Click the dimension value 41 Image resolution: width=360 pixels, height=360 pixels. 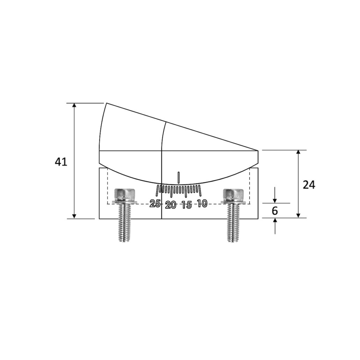(61, 162)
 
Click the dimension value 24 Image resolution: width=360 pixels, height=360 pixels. (309, 185)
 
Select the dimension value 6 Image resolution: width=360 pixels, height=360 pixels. (275, 211)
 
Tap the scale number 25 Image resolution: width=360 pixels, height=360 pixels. (155, 203)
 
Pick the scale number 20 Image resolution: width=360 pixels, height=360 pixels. (171, 205)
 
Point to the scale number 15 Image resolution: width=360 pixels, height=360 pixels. (187, 205)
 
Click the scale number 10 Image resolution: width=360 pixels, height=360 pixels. (202, 203)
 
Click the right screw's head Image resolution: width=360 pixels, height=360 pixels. (233, 194)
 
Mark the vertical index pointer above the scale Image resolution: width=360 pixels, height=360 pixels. (179, 178)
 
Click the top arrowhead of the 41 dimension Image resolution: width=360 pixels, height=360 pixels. (74, 106)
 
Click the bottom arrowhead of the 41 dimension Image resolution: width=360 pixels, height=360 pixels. (74, 216)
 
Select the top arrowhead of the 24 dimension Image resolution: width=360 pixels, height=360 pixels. (298, 153)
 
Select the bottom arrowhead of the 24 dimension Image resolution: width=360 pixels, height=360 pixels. (298, 215)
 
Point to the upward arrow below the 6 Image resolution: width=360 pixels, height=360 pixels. (275, 221)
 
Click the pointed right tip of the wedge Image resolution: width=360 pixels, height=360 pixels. (258, 151)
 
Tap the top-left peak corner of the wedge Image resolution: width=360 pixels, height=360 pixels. (107, 103)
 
